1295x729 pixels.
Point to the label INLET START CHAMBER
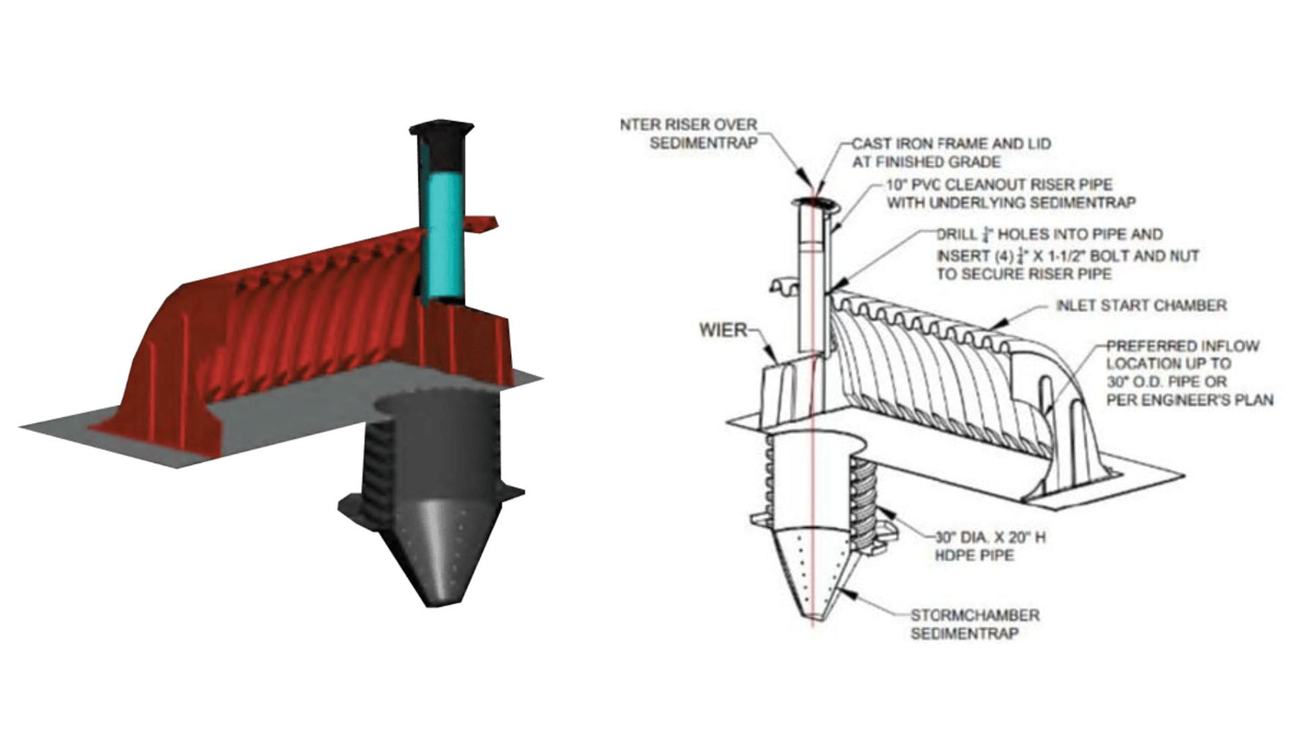click(x=1140, y=306)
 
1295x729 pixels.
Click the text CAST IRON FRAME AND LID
click(x=951, y=144)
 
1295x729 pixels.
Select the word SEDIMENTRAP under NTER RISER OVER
click(x=703, y=143)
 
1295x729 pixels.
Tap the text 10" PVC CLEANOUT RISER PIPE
click(x=999, y=185)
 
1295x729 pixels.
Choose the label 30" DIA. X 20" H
click(x=990, y=537)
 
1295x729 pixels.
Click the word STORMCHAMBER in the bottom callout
click(x=975, y=615)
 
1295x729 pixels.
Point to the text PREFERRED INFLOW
click(x=1183, y=345)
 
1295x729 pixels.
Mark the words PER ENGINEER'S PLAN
click(x=1190, y=400)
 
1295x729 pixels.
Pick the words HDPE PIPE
click(x=974, y=555)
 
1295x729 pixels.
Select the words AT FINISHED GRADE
click(x=926, y=162)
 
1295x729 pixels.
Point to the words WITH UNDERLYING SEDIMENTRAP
click(x=1011, y=203)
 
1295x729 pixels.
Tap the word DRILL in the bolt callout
click(x=957, y=235)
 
